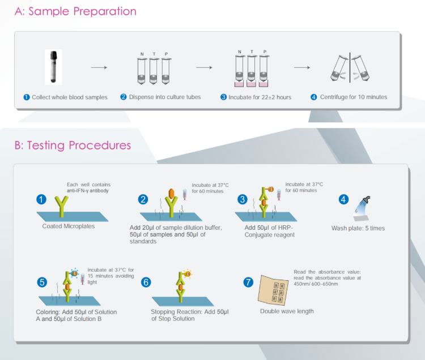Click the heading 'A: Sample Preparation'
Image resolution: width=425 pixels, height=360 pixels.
click(x=75, y=11)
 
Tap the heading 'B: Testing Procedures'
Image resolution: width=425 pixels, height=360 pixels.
click(x=73, y=145)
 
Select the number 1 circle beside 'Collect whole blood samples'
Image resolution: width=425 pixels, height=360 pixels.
click(x=26, y=97)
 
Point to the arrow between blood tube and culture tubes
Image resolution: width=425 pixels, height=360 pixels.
click(x=99, y=68)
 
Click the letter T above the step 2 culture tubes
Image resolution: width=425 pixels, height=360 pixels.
click(x=154, y=54)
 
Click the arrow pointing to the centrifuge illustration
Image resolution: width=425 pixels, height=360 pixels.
click(x=301, y=68)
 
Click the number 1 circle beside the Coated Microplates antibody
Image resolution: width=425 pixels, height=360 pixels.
click(x=40, y=199)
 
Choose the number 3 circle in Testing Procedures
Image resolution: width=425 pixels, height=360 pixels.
click(x=242, y=199)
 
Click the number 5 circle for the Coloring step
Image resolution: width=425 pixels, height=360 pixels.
click(x=40, y=282)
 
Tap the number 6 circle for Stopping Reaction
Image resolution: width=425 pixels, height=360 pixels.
click(x=146, y=282)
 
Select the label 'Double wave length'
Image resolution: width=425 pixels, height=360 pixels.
click(x=286, y=311)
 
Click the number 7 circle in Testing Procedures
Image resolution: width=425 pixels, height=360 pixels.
click(x=248, y=282)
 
